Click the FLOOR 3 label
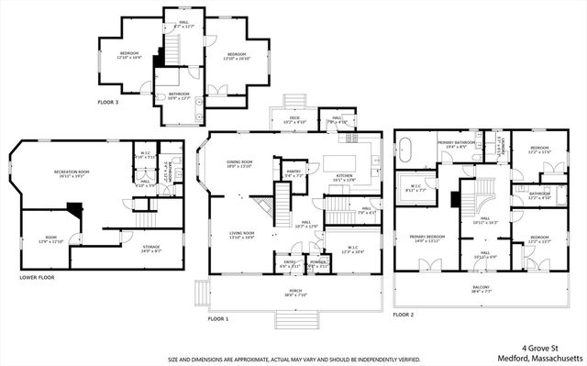(108, 103)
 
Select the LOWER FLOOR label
(37, 276)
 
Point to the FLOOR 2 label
(404, 314)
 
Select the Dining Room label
(239, 164)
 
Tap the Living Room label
(241, 235)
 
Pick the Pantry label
(293, 172)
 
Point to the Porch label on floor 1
(290, 291)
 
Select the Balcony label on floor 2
(482, 289)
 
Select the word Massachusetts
(559, 357)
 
